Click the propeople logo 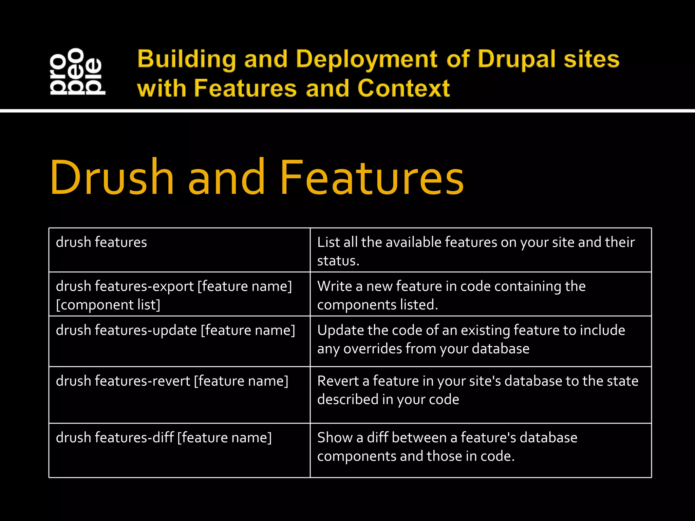(77, 72)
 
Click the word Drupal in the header (516, 59)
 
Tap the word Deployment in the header (367, 59)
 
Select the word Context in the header (403, 89)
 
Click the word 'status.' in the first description (338, 261)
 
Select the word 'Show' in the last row (335, 438)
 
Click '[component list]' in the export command (108, 305)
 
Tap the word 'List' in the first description (328, 243)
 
